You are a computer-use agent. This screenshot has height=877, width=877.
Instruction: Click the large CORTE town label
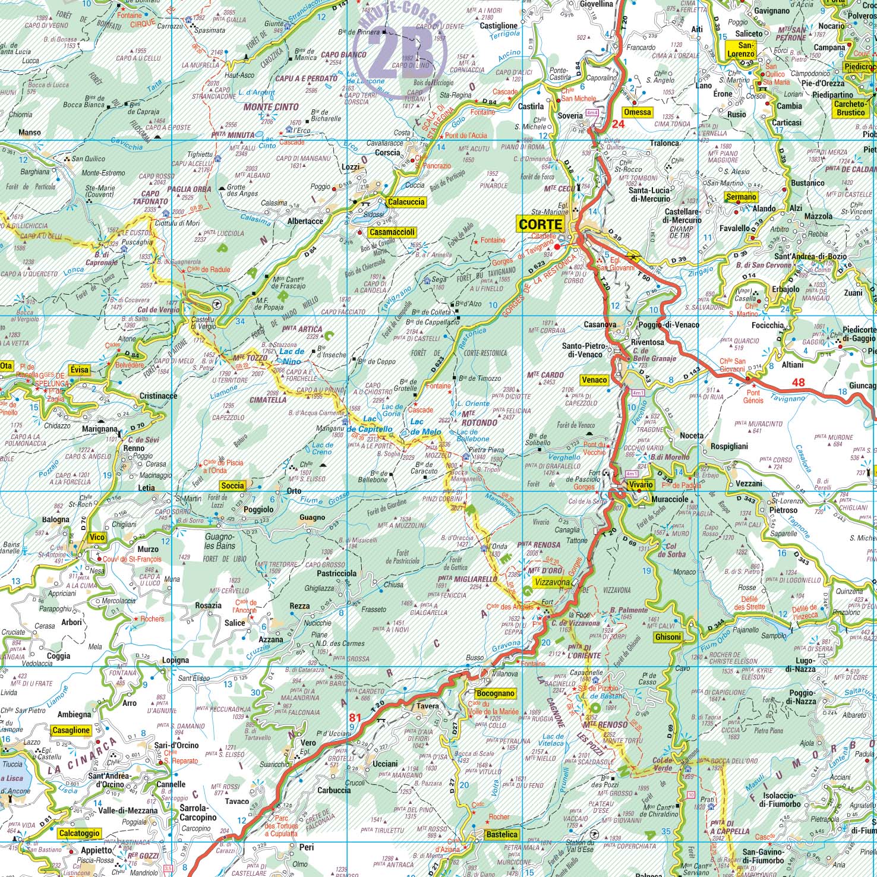pos(540,224)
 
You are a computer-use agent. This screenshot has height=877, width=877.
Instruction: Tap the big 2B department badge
pos(399,51)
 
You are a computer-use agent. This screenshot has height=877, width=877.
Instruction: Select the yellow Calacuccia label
pos(406,202)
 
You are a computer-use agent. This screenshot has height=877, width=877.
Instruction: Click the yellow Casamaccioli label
pos(392,232)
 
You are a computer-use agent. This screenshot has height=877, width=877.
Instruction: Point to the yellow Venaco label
pos(594,380)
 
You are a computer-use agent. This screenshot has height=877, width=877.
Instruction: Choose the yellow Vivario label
pos(639,485)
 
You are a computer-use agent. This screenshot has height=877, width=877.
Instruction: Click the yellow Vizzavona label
pos(553,583)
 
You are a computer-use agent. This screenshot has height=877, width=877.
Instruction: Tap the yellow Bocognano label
pos(495,693)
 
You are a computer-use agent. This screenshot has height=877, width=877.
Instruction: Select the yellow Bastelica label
pos(501,834)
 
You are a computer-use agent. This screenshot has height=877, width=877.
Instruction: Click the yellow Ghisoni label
pos(667,637)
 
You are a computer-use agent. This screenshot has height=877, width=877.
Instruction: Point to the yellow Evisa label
pos(79,370)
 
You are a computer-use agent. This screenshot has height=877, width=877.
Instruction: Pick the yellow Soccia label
pos(232,485)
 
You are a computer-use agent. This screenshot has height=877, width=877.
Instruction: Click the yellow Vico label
pos(96,537)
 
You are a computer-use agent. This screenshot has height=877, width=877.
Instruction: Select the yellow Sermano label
pos(742,197)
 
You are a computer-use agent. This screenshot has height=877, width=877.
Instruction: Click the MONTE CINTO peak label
pos(271,108)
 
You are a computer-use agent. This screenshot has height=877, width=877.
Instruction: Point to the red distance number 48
pos(798,382)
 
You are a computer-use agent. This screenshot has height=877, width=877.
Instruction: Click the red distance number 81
pos(355,717)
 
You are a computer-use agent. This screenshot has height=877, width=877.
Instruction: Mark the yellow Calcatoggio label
pos(79,833)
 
